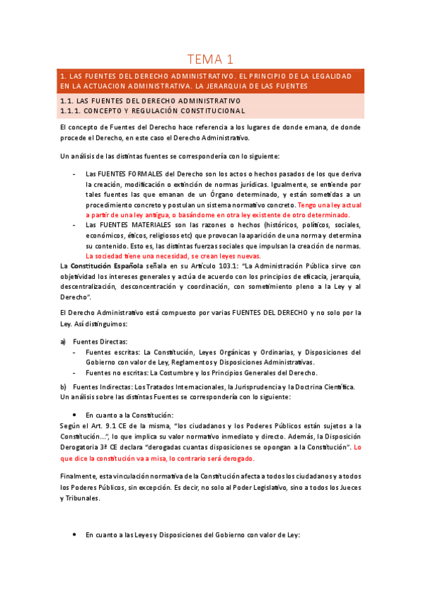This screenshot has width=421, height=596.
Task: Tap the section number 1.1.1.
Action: point(72,110)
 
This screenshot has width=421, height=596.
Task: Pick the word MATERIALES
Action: point(148,224)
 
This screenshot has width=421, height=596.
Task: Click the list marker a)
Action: point(63,341)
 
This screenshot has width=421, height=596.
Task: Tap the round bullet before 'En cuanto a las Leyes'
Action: point(75,536)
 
